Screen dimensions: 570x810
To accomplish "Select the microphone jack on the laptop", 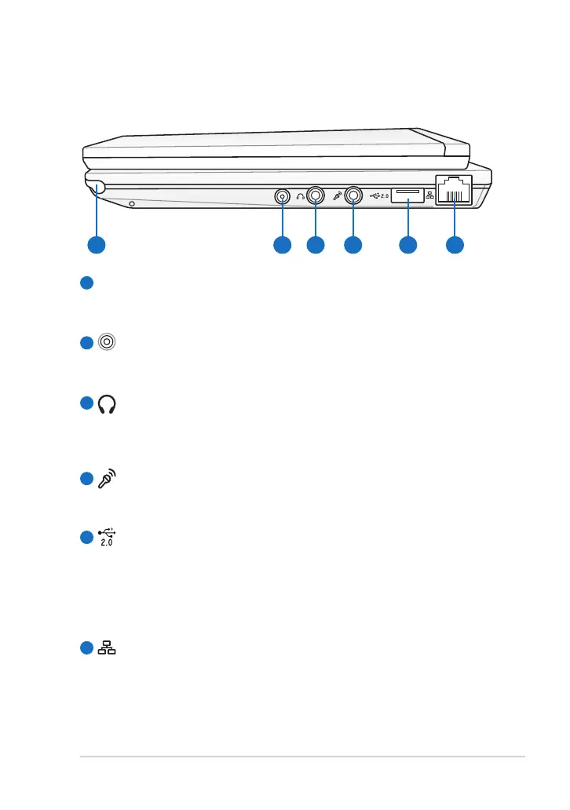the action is click(x=353, y=195).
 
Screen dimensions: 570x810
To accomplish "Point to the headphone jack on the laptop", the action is click(x=316, y=195).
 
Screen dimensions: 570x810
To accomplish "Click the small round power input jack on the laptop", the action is click(x=282, y=196).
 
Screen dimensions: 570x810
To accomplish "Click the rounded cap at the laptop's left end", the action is click(x=95, y=186).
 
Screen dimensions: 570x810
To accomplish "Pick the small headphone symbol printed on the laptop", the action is click(x=300, y=196).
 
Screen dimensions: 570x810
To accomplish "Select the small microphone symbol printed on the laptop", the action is click(x=337, y=195).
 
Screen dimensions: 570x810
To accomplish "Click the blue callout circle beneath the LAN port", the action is click(x=455, y=245).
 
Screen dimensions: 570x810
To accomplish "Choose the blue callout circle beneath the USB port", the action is click(x=407, y=245).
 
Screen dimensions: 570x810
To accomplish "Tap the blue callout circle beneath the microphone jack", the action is click(x=353, y=245).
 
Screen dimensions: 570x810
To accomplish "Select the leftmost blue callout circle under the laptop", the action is click(x=95, y=245).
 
